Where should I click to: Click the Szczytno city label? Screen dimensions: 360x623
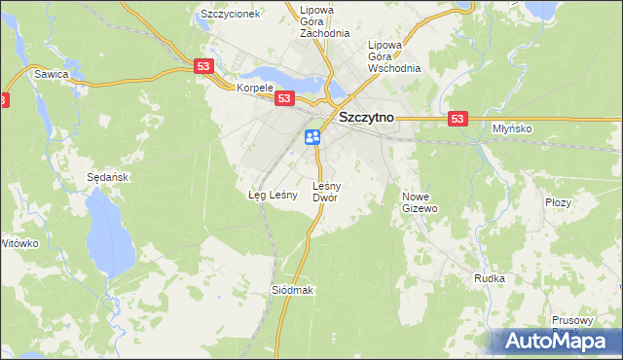[365, 118]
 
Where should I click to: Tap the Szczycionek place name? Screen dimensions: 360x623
[230, 15]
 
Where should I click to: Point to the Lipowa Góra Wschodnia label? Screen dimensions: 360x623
[393, 56]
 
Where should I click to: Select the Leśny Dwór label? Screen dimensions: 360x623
[325, 191]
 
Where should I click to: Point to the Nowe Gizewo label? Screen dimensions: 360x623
[421, 201]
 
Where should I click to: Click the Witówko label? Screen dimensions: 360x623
[19, 242]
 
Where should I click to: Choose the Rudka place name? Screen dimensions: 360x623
[489, 278]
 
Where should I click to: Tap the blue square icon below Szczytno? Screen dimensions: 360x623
[312, 136]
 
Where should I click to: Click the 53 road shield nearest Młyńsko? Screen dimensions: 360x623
[459, 118]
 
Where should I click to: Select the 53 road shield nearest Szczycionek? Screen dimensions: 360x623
[202, 66]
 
